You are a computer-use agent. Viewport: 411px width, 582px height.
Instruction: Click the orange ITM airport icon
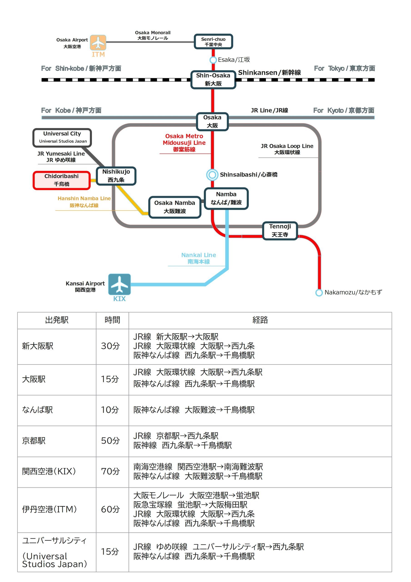(98, 43)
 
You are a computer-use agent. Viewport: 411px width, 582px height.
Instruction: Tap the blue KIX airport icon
(119, 284)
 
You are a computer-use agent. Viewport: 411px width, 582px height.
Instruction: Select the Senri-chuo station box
(213, 42)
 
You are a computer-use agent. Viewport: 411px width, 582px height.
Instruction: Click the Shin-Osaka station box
(213, 80)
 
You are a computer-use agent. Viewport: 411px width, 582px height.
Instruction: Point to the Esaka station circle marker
(213, 60)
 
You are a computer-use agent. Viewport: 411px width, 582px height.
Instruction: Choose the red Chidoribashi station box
(62, 180)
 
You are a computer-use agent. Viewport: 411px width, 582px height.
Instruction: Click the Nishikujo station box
(116, 176)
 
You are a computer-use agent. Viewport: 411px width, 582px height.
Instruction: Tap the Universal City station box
(62, 138)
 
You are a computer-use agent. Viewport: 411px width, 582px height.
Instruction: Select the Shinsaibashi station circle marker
(212, 175)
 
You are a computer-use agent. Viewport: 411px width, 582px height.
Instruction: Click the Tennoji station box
(280, 231)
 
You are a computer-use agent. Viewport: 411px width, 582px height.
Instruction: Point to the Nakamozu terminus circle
(319, 293)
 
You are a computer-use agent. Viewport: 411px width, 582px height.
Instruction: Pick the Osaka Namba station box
(175, 207)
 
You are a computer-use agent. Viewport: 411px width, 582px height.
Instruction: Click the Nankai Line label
(198, 258)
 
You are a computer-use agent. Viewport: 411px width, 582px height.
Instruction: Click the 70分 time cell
(110, 471)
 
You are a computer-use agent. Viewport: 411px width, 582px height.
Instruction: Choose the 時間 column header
(112, 320)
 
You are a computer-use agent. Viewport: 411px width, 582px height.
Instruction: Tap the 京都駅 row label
(34, 441)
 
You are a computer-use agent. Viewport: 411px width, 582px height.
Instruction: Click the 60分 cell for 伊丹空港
(110, 509)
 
